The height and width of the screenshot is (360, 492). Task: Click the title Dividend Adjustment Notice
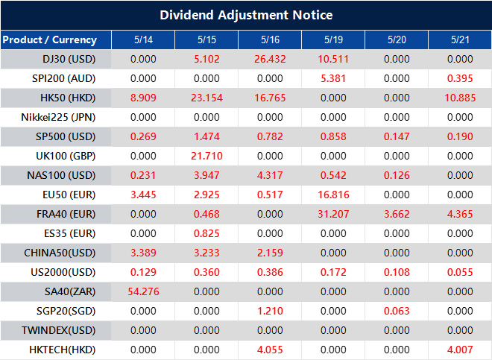click(x=246, y=15)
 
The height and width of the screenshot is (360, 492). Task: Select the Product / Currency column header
click(x=49, y=40)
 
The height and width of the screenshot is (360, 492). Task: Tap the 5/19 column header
click(x=333, y=40)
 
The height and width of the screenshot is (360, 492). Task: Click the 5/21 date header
click(x=461, y=40)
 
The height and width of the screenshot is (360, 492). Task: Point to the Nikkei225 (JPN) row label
click(x=59, y=117)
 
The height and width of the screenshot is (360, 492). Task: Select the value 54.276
click(x=142, y=291)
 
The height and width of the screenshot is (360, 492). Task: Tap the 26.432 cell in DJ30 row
click(x=270, y=59)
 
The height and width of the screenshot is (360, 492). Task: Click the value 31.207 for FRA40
click(x=333, y=214)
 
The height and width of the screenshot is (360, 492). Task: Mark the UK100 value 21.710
click(x=206, y=156)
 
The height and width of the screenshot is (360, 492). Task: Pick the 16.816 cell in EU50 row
click(x=333, y=195)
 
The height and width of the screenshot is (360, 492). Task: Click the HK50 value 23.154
click(x=206, y=98)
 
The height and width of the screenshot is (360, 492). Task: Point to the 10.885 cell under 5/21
click(x=461, y=98)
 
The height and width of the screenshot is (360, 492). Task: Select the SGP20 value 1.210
click(x=270, y=311)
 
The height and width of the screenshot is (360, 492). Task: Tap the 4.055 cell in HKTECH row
click(x=270, y=350)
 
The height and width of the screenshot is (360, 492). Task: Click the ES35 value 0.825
click(x=206, y=233)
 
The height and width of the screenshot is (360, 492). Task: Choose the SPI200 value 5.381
click(x=333, y=78)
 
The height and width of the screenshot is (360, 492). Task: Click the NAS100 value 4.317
click(x=270, y=175)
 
